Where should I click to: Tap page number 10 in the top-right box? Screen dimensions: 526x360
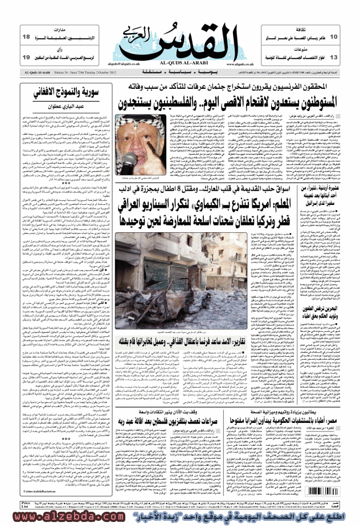pos(334,36)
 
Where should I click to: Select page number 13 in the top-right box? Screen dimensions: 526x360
pos(334,57)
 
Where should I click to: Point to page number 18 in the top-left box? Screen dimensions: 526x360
pos(26,36)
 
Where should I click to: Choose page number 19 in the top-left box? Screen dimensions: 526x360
pos(26,57)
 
